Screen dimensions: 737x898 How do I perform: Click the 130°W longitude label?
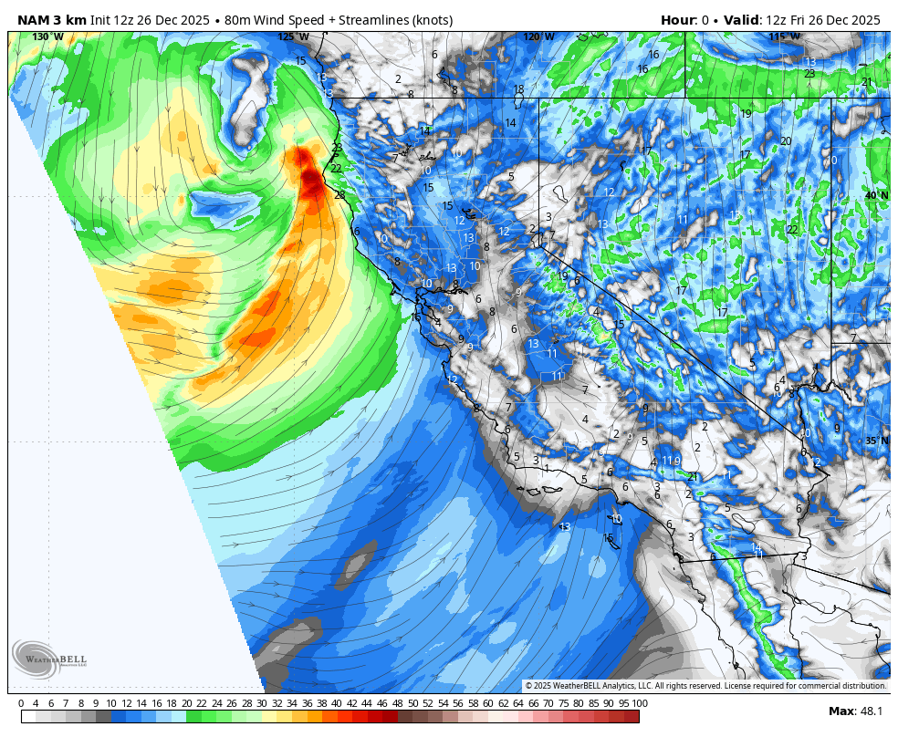(x=47, y=36)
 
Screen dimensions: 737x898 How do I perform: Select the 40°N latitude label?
(x=877, y=195)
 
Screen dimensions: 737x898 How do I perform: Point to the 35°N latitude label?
(x=877, y=441)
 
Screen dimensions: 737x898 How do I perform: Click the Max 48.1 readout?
(x=854, y=711)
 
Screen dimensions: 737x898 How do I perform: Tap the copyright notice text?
(x=705, y=686)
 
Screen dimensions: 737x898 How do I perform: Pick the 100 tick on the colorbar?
(x=639, y=703)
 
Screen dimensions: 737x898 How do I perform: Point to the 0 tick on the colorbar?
(x=21, y=703)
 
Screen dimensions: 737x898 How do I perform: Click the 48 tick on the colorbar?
(x=396, y=703)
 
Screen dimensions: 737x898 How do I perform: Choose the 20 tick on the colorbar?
(x=186, y=703)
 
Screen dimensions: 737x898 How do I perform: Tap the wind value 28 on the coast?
(x=339, y=194)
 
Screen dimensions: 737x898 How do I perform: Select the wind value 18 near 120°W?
(x=518, y=89)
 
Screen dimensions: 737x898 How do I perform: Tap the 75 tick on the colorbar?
(x=563, y=703)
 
